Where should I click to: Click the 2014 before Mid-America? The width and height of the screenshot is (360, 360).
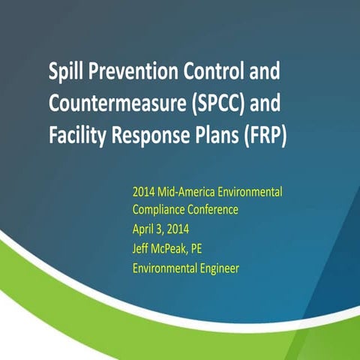(143, 192)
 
